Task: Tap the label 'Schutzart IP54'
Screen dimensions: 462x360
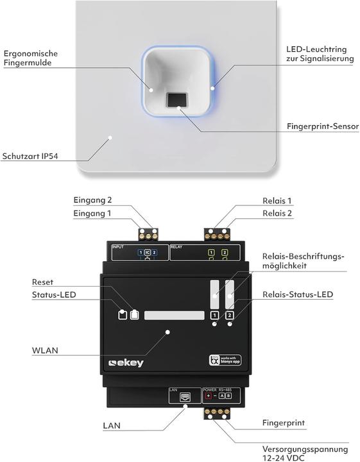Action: coord(31,155)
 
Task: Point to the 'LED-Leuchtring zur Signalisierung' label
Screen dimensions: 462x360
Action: coord(320,54)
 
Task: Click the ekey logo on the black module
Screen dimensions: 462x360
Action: coord(126,363)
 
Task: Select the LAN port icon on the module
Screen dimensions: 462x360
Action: coord(182,397)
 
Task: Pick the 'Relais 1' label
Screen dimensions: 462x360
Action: coord(277,201)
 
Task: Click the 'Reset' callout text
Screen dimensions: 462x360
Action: coord(43,282)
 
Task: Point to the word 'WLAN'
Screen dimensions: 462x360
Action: coord(45,350)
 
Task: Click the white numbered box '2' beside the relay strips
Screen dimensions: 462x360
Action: coord(229,315)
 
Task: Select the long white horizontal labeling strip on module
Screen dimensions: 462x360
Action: coord(174,315)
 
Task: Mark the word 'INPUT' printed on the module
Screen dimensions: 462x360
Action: coord(119,246)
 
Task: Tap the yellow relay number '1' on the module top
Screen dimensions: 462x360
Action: coord(212,253)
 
